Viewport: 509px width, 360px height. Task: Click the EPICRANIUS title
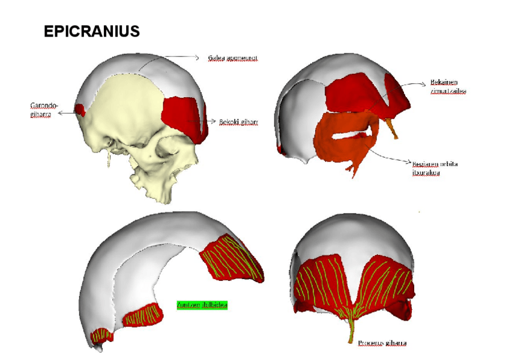click(92, 32)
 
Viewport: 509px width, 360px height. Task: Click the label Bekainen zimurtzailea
click(448, 86)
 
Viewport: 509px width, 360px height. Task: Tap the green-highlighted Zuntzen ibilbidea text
click(202, 305)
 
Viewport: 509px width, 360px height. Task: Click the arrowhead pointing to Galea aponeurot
click(196, 58)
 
